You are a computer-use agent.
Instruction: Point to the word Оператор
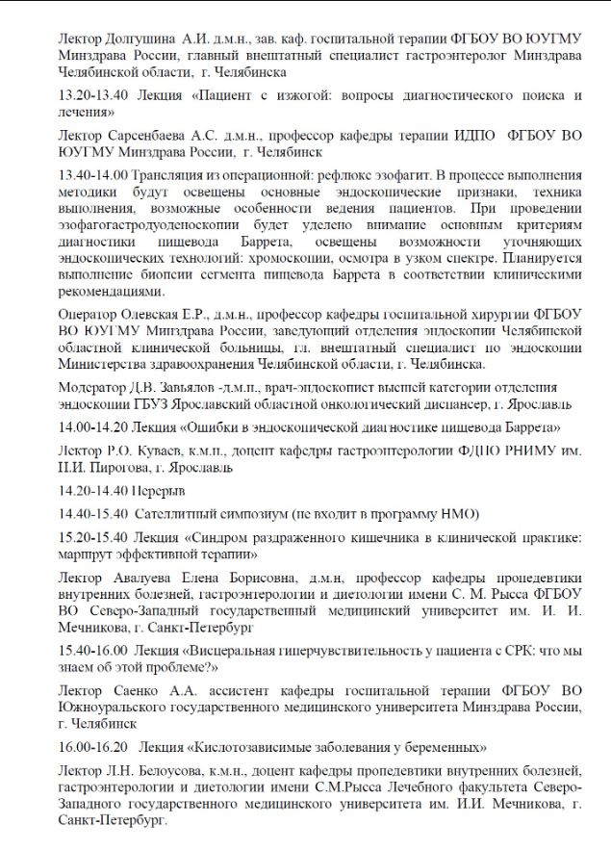point(89,316)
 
